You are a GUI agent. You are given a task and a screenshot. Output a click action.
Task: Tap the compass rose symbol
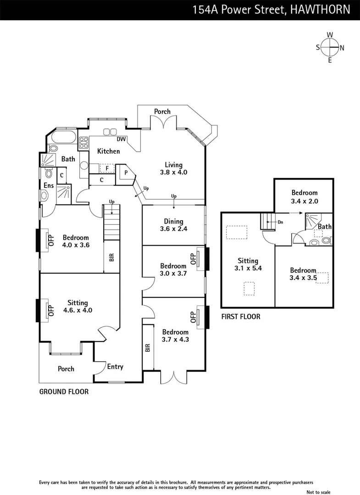coord(330,47)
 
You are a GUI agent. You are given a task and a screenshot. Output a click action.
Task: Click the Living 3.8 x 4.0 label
coord(174,169)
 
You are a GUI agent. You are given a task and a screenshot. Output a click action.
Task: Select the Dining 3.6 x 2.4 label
coord(173,225)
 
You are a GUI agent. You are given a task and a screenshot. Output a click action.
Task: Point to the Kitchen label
coord(108,151)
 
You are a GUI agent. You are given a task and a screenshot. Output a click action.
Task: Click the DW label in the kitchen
coord(121,139)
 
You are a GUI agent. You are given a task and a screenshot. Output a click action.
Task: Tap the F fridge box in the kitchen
coord(107,168)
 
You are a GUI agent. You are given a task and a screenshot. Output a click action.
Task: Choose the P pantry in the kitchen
coord(126,174)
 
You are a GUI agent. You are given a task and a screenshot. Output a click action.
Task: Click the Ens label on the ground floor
coord(49,186)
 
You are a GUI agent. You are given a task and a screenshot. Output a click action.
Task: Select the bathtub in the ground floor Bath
coord(64,137)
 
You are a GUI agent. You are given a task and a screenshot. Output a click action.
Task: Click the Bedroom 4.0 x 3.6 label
coord(76,241)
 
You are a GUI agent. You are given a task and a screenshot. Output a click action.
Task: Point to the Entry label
coord(115,367)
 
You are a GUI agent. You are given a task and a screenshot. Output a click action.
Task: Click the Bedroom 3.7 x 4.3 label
coord(175,335)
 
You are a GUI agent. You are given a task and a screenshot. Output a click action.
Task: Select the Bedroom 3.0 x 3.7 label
coord(173,269)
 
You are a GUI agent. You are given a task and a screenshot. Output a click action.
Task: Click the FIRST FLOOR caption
coord(240,317)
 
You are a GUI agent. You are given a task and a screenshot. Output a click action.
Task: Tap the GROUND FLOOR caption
coord(64,392)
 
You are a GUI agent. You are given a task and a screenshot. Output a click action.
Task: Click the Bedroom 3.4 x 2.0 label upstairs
coord(304,197)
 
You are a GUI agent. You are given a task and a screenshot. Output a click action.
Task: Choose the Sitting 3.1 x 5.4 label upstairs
coord(248,264)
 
